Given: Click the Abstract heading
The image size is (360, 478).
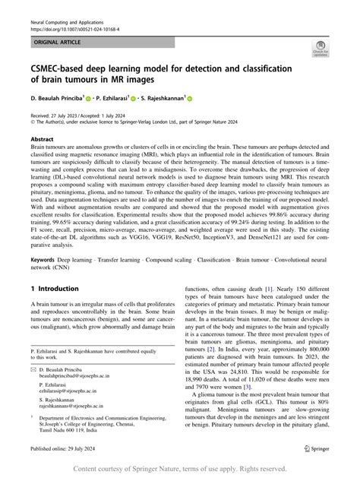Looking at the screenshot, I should pos(42,140).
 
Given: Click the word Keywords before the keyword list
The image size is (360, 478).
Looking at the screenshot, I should pos(44,260).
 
